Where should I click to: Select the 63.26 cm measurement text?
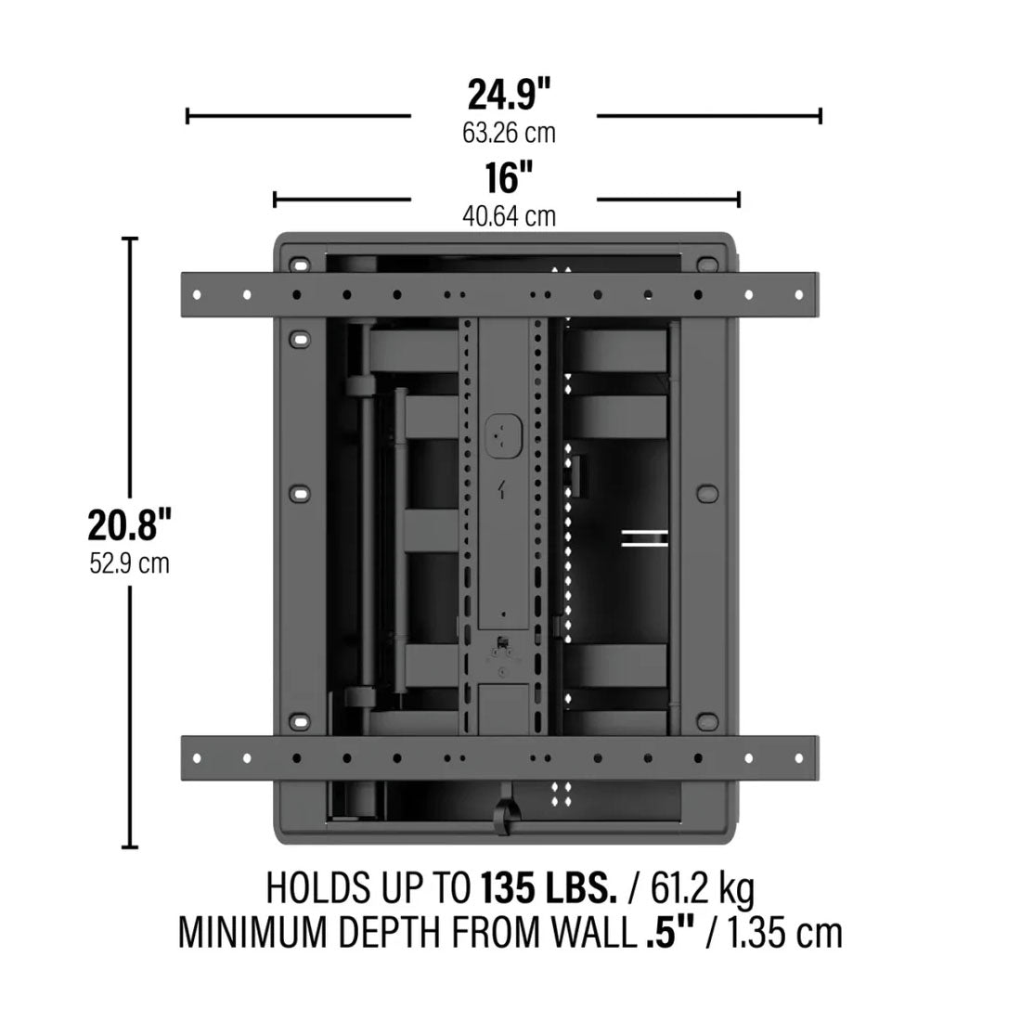pos(509,134)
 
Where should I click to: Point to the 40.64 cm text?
pos(509,217)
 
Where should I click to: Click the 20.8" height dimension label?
pos(130,525)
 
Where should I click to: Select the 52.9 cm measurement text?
pos(130,563)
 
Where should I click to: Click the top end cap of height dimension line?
pos(130,239)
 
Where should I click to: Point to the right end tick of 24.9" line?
pos(821,115)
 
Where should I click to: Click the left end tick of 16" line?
pos(275,199)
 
